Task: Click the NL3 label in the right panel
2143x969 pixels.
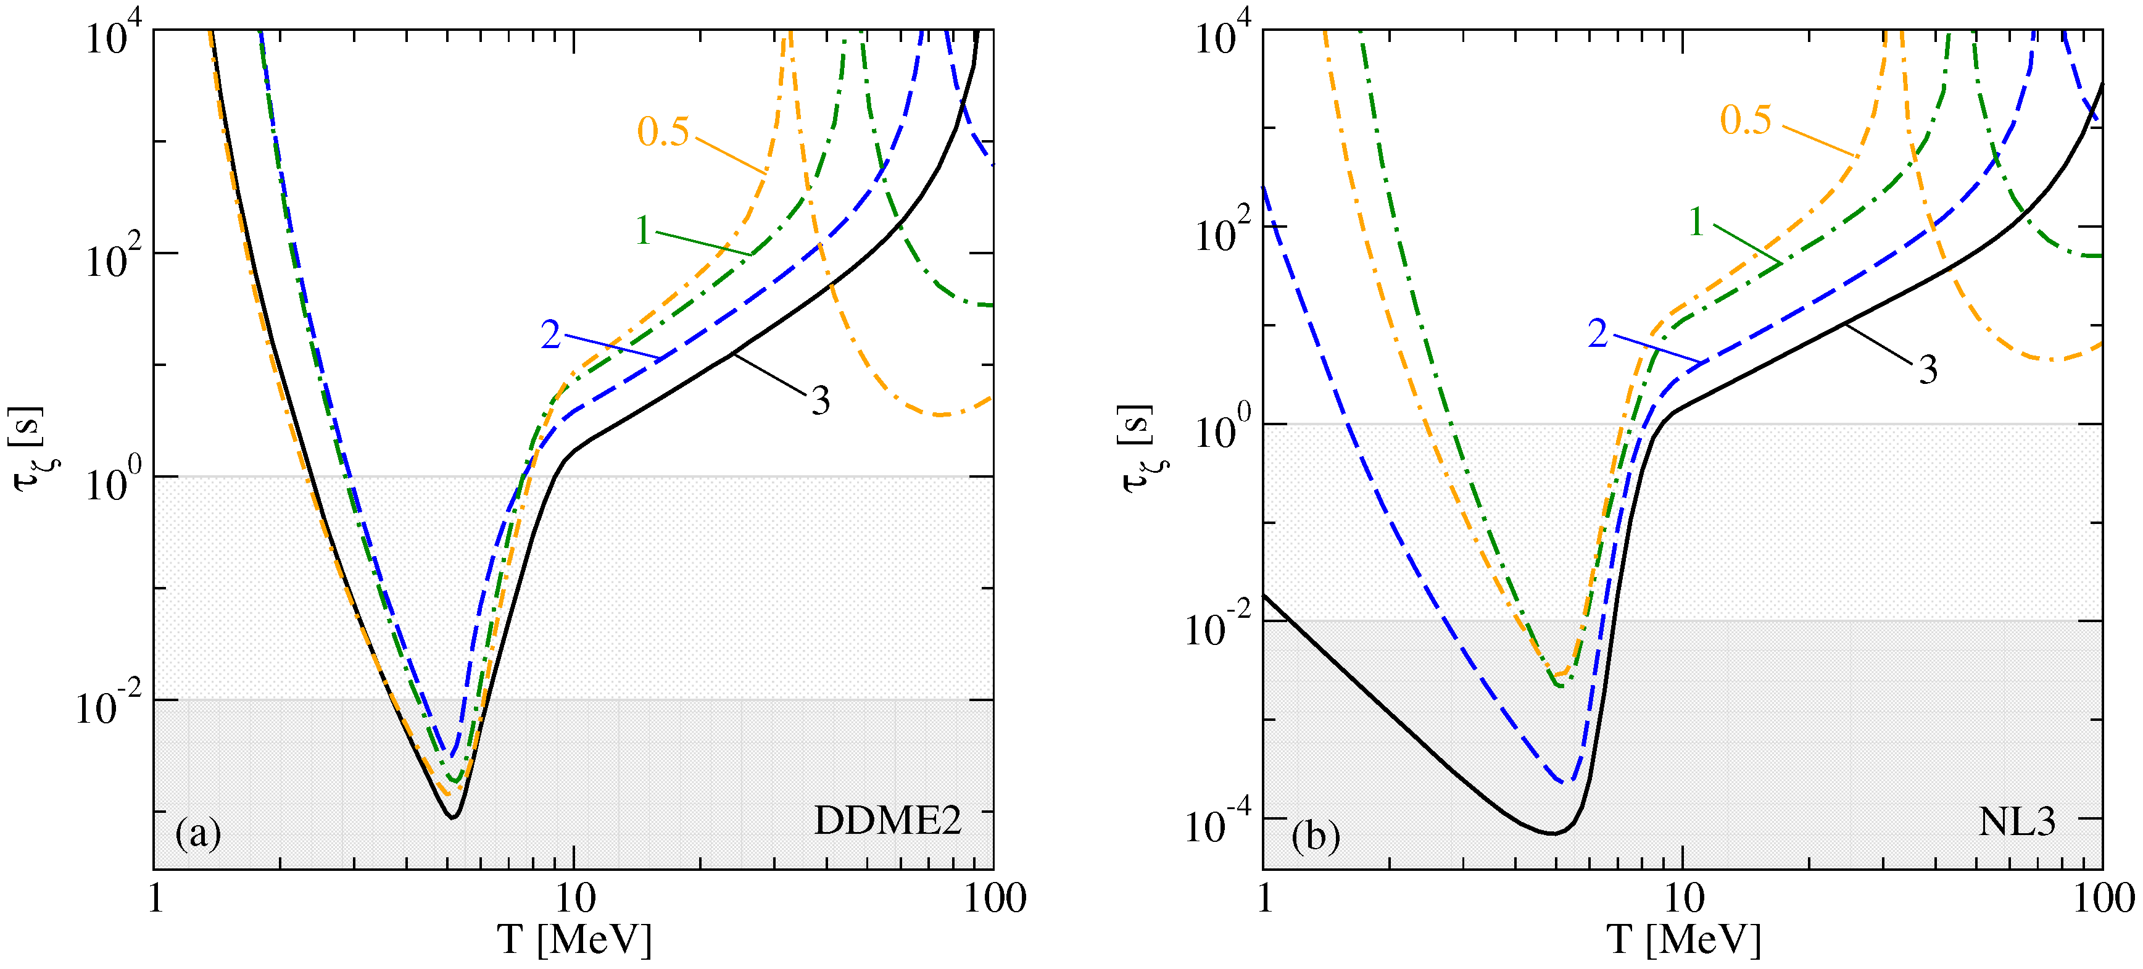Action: [2017, 821]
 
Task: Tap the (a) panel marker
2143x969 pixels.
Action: [198, 833]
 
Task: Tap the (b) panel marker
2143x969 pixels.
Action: [1316, 835]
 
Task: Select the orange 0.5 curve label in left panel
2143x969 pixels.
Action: [663, 131]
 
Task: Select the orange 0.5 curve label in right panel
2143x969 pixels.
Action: [1746, 120]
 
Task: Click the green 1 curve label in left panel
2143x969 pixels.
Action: [643, 230]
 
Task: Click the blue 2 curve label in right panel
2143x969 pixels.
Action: [1598, 333]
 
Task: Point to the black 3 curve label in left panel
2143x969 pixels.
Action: [820, 401]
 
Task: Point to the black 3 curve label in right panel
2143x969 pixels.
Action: [1928, 369]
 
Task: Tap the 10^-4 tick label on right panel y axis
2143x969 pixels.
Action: [1216, 825]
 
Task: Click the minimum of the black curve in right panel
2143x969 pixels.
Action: [1552, 833]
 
